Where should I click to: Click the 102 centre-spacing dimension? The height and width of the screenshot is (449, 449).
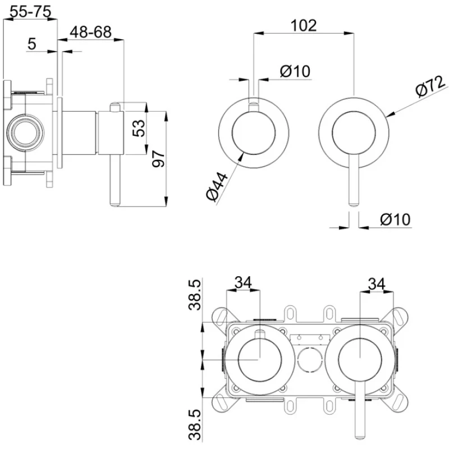304,25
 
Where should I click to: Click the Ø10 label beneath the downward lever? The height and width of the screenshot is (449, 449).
395,219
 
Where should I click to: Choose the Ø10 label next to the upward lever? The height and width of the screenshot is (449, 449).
294,71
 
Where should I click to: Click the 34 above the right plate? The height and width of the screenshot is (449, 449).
376,283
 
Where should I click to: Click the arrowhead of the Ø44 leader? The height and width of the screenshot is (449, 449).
242,152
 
